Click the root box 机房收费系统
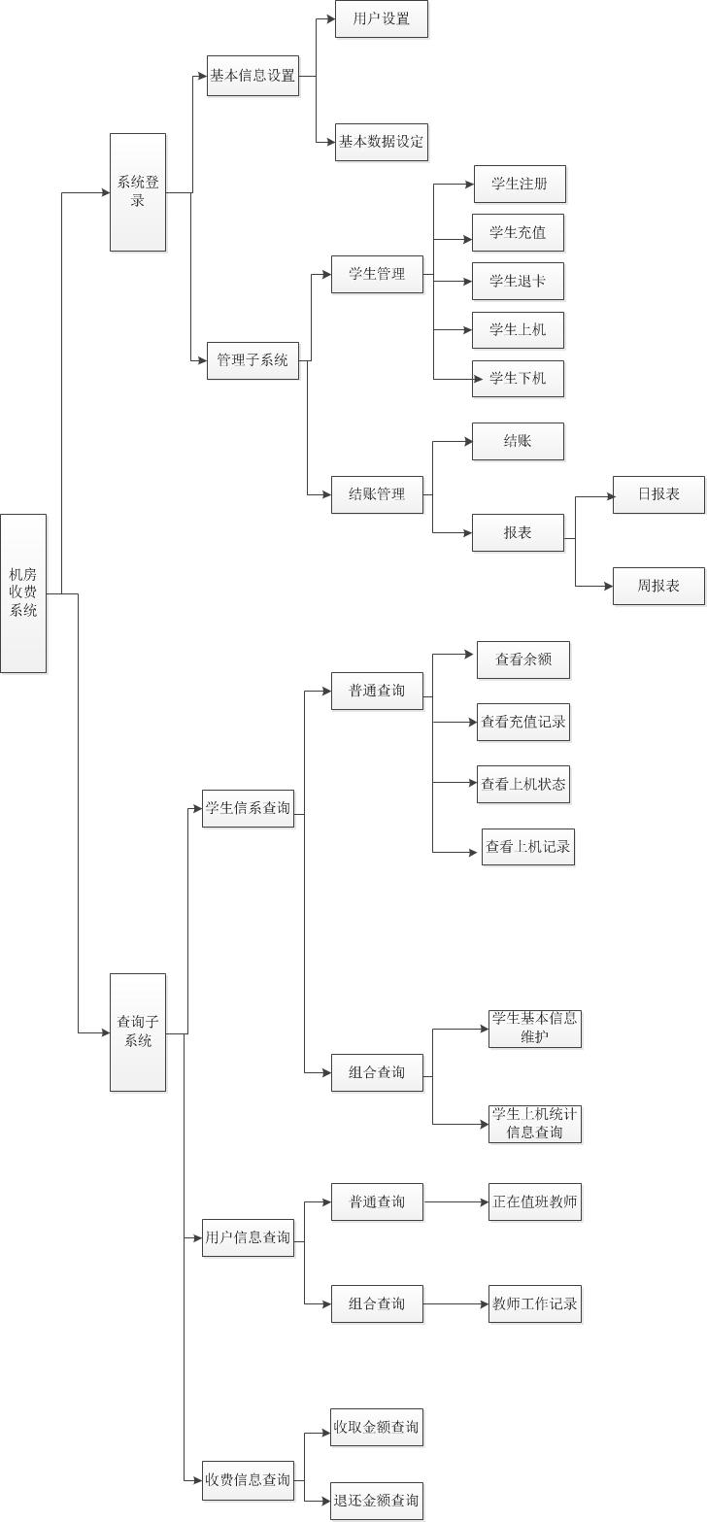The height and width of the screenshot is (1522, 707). tap(23, 592)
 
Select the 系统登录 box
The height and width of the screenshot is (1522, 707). tap(138, 192)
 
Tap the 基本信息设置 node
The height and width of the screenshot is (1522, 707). tap(252, 76)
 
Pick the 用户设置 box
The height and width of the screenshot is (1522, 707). tap(382, 18)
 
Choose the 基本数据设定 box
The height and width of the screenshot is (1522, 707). tap(382, 142)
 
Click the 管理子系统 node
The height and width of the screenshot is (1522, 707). tap(252, 360)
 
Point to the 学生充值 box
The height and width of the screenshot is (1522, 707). tap(518, 233)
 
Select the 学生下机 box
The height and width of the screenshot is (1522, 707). tap(518, 378)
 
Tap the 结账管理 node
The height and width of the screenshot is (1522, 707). tap(377, 494)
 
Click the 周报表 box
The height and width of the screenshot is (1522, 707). tap(658, 586)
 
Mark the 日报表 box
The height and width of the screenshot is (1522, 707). tap(658, 494)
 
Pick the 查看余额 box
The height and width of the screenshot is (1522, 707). tap(523, 660)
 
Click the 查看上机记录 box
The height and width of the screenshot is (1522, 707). tap(528, 847)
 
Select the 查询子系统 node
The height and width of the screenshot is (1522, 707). tap(138, 1032)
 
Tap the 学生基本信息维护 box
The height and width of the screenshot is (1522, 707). tap(535, 1029)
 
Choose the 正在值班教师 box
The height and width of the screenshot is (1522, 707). tap(535, 1201)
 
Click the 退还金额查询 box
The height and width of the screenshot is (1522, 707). tap(377, 1501)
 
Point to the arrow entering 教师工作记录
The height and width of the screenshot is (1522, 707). tap(483, 1303)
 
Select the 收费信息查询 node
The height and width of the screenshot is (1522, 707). tap(248, 1479)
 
